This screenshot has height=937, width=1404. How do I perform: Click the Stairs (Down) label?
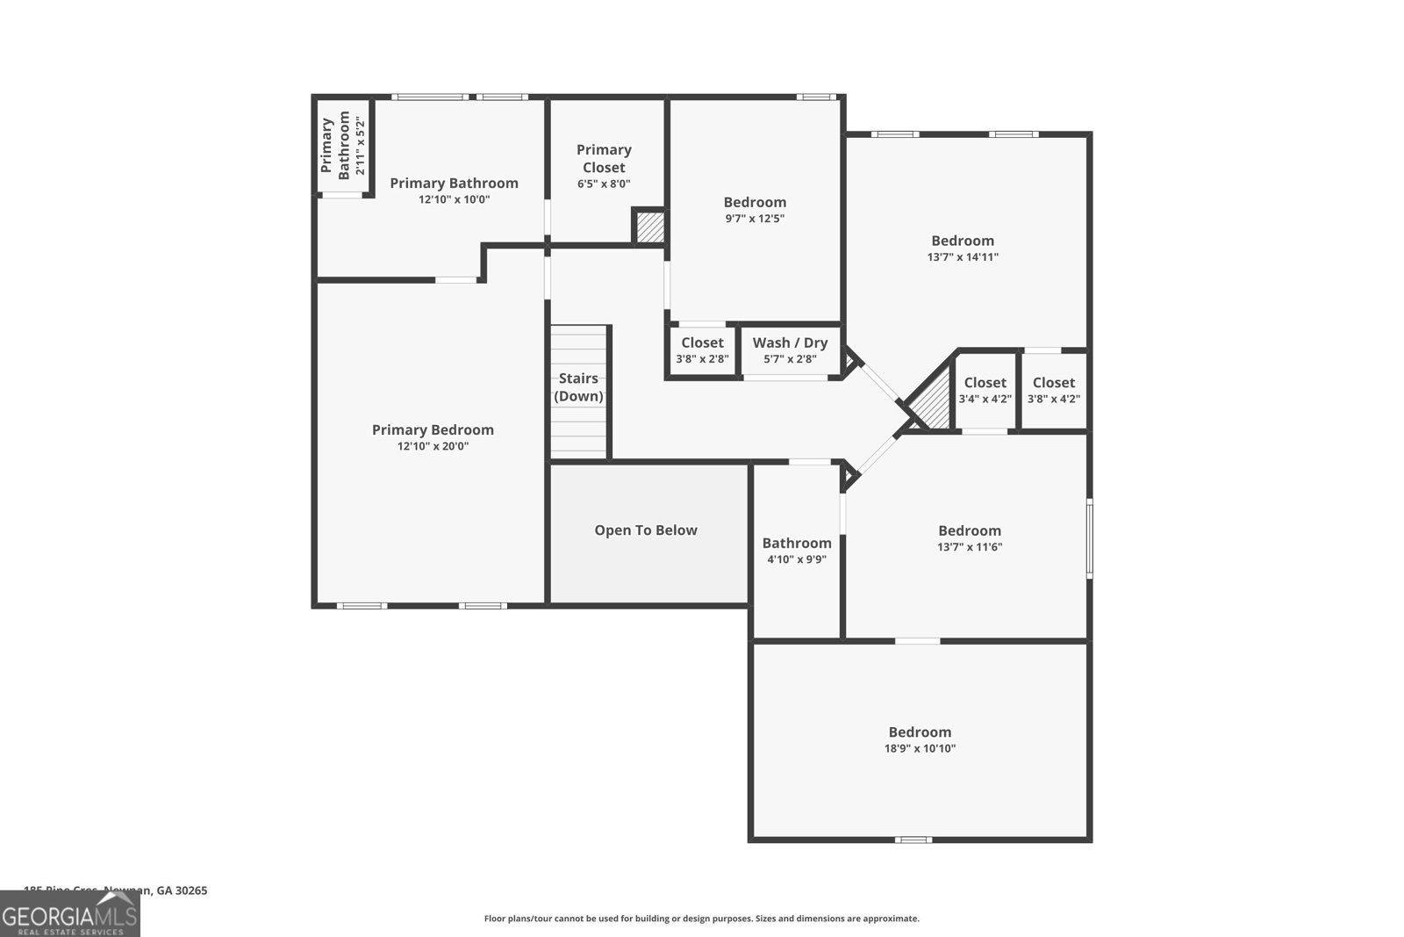point(578,386)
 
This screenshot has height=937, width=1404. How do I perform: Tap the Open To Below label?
point(646,530)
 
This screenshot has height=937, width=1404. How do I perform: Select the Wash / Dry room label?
point(790,343)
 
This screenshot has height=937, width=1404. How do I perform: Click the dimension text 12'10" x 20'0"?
point(433,446)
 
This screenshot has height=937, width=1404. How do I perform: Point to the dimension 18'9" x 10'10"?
point(920,749)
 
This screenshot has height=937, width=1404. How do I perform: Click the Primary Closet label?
point(604,158)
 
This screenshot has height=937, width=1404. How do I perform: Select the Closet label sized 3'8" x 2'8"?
point(702,343)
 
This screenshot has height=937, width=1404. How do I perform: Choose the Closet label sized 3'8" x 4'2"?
point(1053,383)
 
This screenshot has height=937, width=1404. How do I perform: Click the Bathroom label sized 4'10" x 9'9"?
point(797,544)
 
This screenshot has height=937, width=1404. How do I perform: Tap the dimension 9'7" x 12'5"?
point(755,219)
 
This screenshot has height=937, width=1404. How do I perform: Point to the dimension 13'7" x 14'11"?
point(963,257)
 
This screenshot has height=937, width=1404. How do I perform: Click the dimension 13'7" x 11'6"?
point(970,547)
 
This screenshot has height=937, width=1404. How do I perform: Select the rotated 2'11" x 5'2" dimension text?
point(360,146)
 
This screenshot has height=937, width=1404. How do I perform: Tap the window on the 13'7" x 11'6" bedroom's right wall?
point(1089,537)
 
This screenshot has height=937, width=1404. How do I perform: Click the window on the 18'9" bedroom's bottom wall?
point(913,840)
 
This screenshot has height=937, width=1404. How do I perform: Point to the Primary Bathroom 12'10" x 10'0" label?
point(454,184)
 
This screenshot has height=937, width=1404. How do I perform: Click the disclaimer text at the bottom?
point(702,919)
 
